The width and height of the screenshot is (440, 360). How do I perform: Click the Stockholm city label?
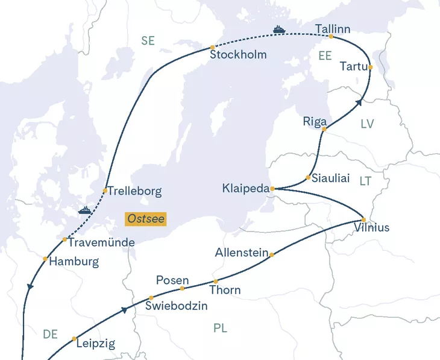coord(238,55)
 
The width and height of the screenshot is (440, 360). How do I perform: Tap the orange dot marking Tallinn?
coord(332,37)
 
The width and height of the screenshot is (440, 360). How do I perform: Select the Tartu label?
coord(353,66)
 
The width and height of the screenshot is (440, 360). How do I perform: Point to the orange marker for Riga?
coord(324,129)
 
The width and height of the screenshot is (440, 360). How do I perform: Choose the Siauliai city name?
coord(331,178)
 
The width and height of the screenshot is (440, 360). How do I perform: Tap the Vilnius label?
coord(372,228)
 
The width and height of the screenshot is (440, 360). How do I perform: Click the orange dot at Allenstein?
coord(272,254)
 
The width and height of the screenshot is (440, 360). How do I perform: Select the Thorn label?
coord(225,290)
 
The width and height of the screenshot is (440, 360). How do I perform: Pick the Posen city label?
coord(172,280)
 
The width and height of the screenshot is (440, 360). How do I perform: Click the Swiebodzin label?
coord(177,306)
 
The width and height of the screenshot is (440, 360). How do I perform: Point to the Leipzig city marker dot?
coord(74,338)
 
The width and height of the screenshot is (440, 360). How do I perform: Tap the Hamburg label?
coord(74,262)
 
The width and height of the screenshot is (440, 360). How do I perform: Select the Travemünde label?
coord(101,242)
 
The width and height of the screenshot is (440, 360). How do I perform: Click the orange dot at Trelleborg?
coord(105,191)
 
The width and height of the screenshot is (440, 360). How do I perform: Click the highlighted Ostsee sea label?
coord(145,218)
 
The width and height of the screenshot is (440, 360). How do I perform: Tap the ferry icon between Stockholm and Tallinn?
coord(278,29)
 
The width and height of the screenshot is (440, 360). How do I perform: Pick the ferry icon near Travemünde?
coord(85,210)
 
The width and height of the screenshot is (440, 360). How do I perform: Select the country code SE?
coord(148,41)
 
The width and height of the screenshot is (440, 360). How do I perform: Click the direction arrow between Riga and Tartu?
coord(360,103)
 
